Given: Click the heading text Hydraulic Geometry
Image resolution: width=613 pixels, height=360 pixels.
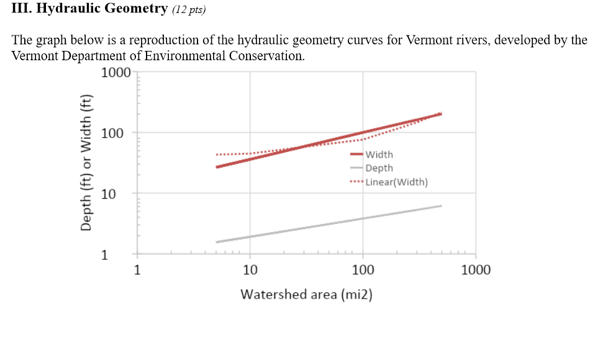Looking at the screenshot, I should tap(106, 9).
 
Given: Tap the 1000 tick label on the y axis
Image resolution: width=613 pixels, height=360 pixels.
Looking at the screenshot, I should tap(116, 72).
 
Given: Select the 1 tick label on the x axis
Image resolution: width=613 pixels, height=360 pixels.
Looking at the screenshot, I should tap(137, 270).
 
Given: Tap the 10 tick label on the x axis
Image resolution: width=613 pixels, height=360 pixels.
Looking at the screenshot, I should tap(250, 270).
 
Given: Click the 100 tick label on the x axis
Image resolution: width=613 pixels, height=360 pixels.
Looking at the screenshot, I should tap(363, 270).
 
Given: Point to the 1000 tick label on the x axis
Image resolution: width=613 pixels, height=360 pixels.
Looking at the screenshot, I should tap(476, 270).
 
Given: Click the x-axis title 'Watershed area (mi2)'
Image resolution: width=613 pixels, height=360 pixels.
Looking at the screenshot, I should tap(306, 294).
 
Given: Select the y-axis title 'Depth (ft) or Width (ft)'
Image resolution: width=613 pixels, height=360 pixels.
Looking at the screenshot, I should tap(86, 163).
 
